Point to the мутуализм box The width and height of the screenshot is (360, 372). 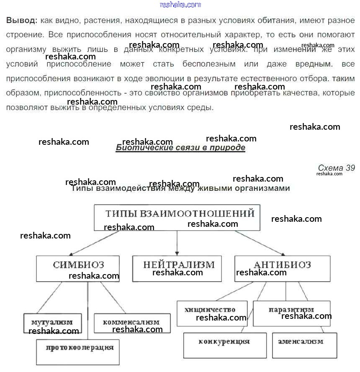52,323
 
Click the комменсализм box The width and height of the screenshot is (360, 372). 132,323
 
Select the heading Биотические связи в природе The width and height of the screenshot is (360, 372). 180,148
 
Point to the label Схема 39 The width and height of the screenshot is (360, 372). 336,168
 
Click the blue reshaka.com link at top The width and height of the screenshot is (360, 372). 180,5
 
